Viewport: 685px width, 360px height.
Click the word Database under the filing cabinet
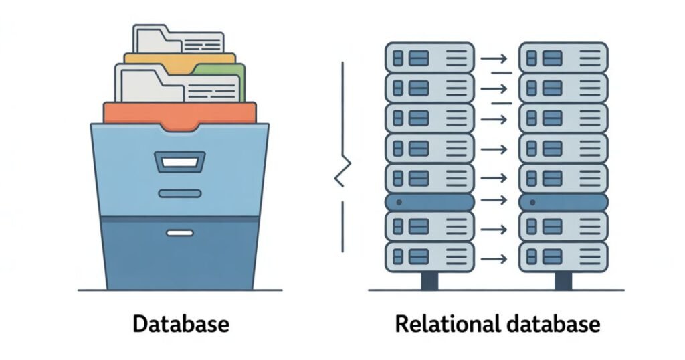coord(181,325)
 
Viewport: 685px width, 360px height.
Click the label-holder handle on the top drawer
coord(179,161)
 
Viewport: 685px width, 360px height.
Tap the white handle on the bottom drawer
coord(179,233)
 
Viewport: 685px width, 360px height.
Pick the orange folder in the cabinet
coord(179,113)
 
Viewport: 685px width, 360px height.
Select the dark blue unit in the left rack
coord(429,202)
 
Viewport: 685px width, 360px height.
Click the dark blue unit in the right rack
coord(563,202)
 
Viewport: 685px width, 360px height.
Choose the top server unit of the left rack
coord(429,57)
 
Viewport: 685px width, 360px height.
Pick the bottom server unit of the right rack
coord(563,256)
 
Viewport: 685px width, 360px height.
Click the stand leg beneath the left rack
coord(429,280)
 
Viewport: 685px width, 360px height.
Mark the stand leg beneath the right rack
coord(563,280)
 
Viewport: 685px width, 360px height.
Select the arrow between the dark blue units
coord(496,201)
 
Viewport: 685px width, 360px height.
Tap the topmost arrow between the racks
coord(494,58)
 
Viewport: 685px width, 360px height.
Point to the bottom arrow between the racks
coord(496,256)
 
